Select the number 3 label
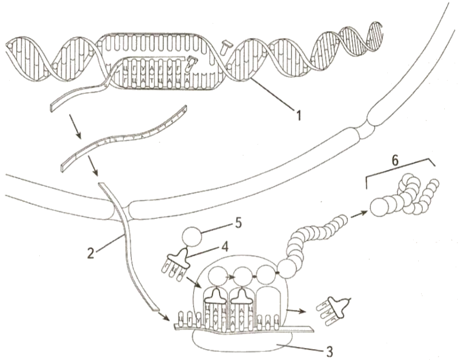click(329, 347)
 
